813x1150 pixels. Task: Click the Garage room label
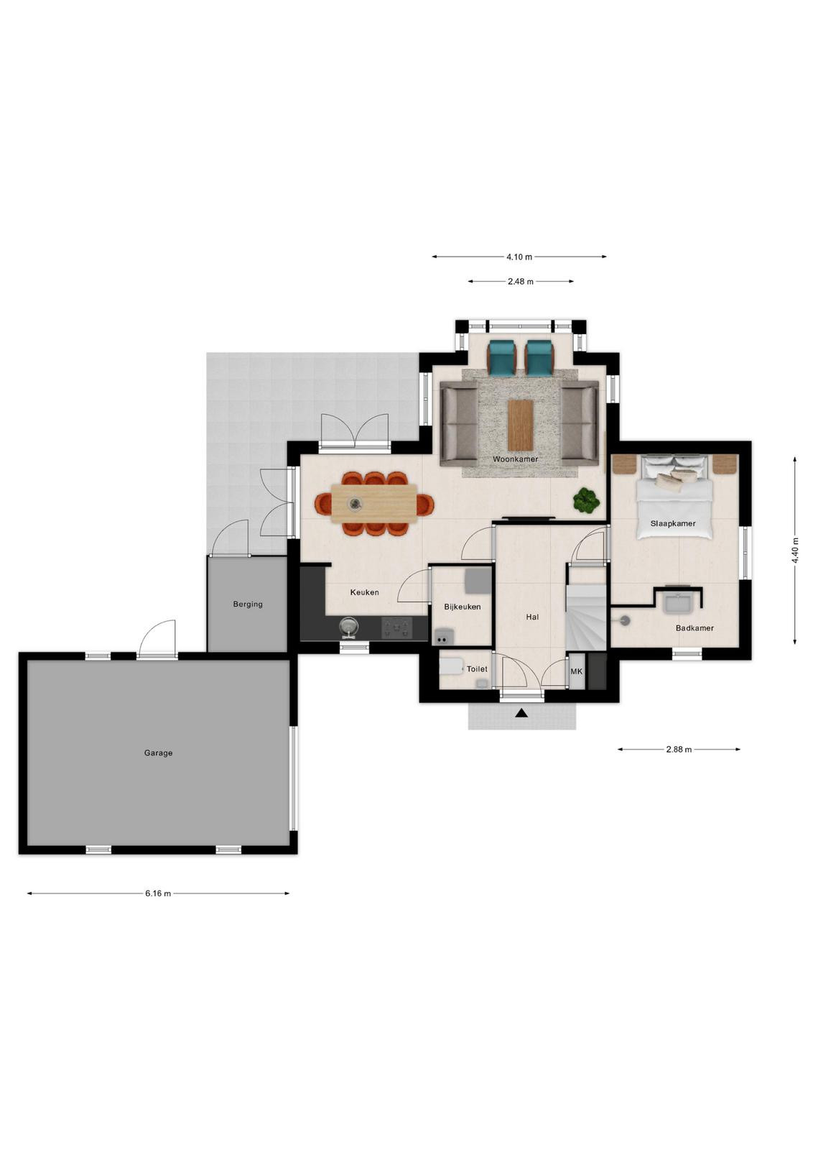point(158,753)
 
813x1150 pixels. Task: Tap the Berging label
point(248,604)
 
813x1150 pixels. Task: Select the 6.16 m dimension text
point(158,893)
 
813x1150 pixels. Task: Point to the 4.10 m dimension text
point(519,257)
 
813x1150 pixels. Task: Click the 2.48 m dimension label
point(521,281)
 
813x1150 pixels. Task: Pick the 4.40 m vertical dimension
point(795,550)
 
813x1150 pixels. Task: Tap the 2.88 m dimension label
point(679,749)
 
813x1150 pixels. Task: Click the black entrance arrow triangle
point(521,712)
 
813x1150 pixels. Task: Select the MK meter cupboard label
point(577,671)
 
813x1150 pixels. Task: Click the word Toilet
point(477,669)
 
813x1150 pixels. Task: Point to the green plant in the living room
point(586,500)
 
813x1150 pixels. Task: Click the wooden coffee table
point(521,424)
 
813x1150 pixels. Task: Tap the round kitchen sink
point(349,626)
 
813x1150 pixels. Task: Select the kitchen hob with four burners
point(396,628)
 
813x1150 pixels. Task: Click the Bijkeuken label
point(462,607)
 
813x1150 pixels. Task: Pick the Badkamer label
point(694,628)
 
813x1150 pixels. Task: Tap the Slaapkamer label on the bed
point(673,524)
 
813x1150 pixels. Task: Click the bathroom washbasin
point(679,603)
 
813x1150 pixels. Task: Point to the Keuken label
point(365,592)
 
